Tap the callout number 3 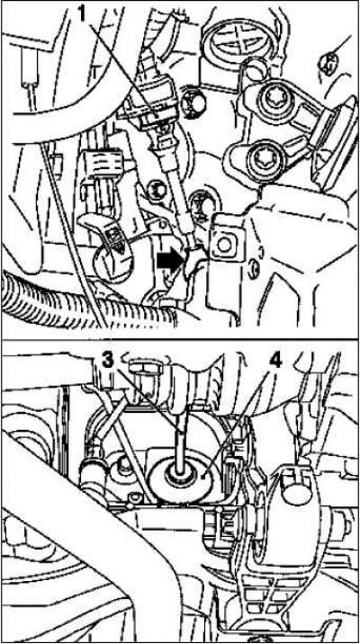pyautogui.click(x=107, y=360)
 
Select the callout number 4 pyautogui.click(x=275, y=361)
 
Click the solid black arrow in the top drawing pyautogui.click(x=170, y=260)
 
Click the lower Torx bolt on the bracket pyautogui.click(x=261, y=157)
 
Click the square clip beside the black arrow pyautogui.click(x=223, y=246)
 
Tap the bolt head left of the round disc pyautogui.click(x=121, y=467)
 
